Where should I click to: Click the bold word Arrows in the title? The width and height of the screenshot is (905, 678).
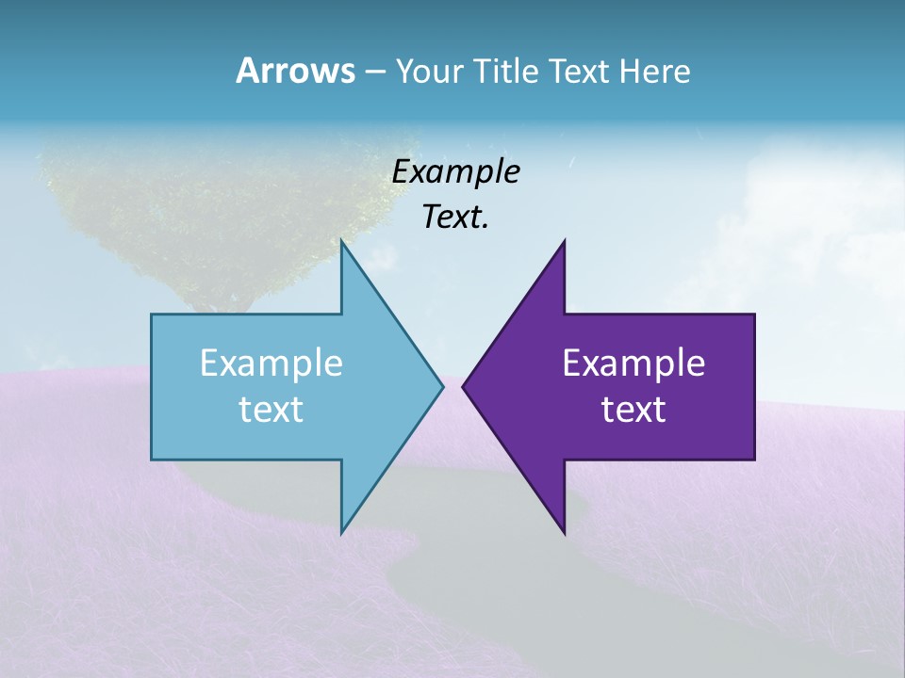(294, 71)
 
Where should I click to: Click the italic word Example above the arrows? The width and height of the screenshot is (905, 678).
(455, 171)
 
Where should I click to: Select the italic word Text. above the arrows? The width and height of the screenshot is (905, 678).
(455, 217)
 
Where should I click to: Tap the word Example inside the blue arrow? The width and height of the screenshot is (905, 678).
(271, 363)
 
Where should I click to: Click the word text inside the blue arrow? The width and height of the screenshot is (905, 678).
(271, 409)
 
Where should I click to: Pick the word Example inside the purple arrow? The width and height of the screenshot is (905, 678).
(633, 363)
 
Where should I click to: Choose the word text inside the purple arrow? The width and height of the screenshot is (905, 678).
(633, 409)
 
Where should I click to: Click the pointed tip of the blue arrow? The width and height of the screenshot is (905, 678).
(442, 386)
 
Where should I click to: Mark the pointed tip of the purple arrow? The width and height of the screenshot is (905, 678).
(463, 386)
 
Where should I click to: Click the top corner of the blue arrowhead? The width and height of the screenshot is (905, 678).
(341, 242)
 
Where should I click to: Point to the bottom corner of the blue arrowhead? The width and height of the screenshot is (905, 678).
(341, 532)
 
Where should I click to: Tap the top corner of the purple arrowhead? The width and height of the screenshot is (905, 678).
(564, 242)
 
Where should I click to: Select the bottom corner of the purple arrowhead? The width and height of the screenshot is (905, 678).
(564, 532)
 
